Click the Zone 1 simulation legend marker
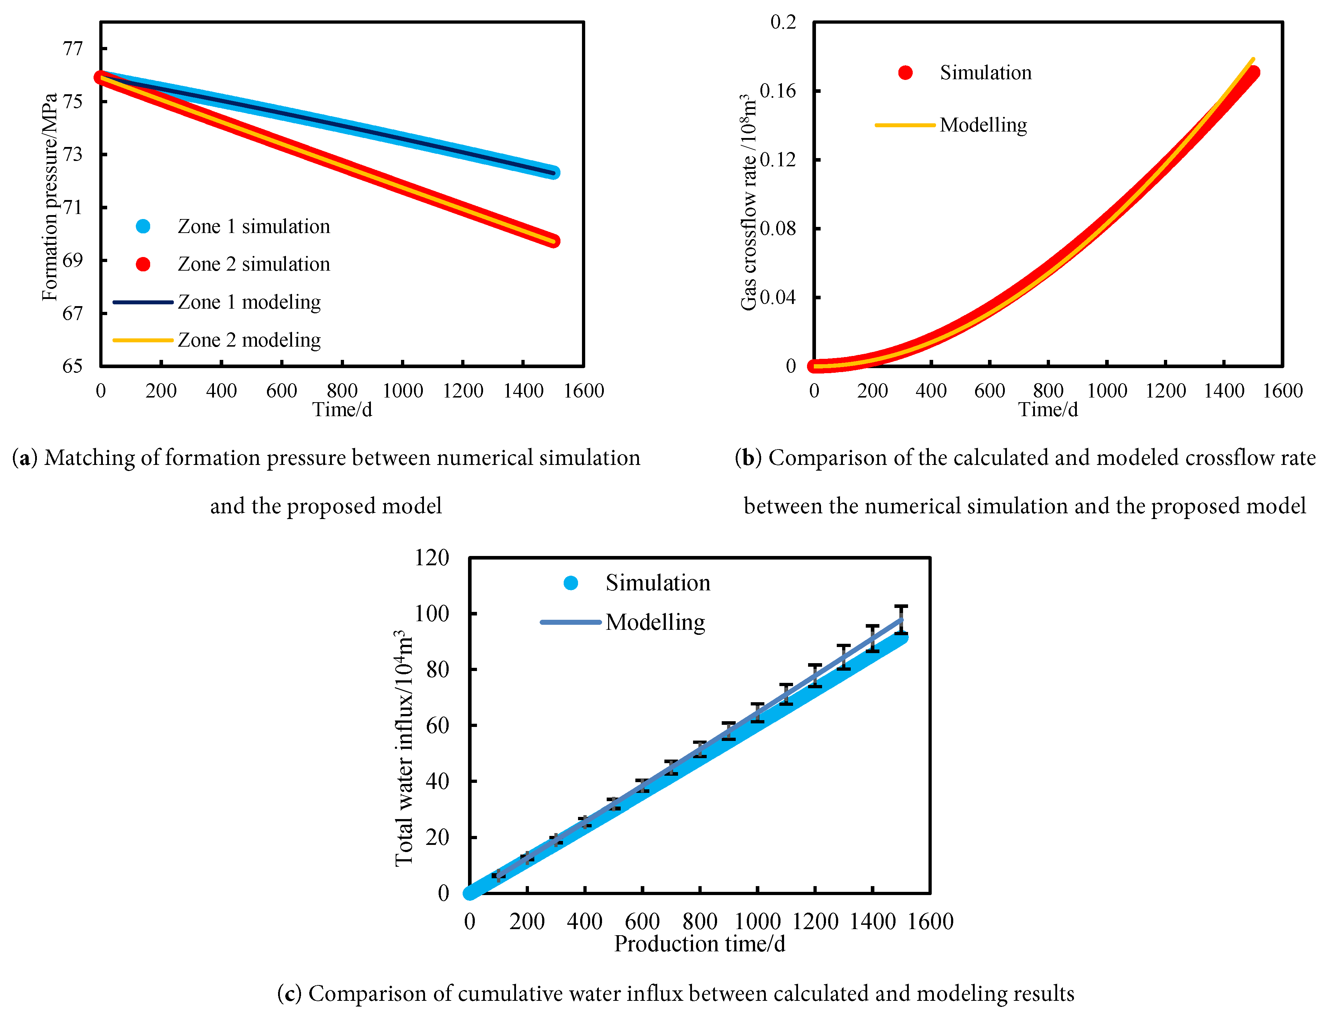(x=143, y=226)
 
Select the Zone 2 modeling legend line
(x=143, y=341)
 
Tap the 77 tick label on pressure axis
(x=73, y=48)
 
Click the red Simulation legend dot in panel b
(x=905, y=73)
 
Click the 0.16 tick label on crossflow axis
(x=778, y=91)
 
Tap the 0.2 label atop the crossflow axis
(x=783, y=22)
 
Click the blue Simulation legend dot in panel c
(x=571, y=583)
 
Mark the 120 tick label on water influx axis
(x=431, y=558)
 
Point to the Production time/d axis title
(x=699, y=944)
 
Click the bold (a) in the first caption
(x=25, y=458)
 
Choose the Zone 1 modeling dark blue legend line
(x=143, y=302)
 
